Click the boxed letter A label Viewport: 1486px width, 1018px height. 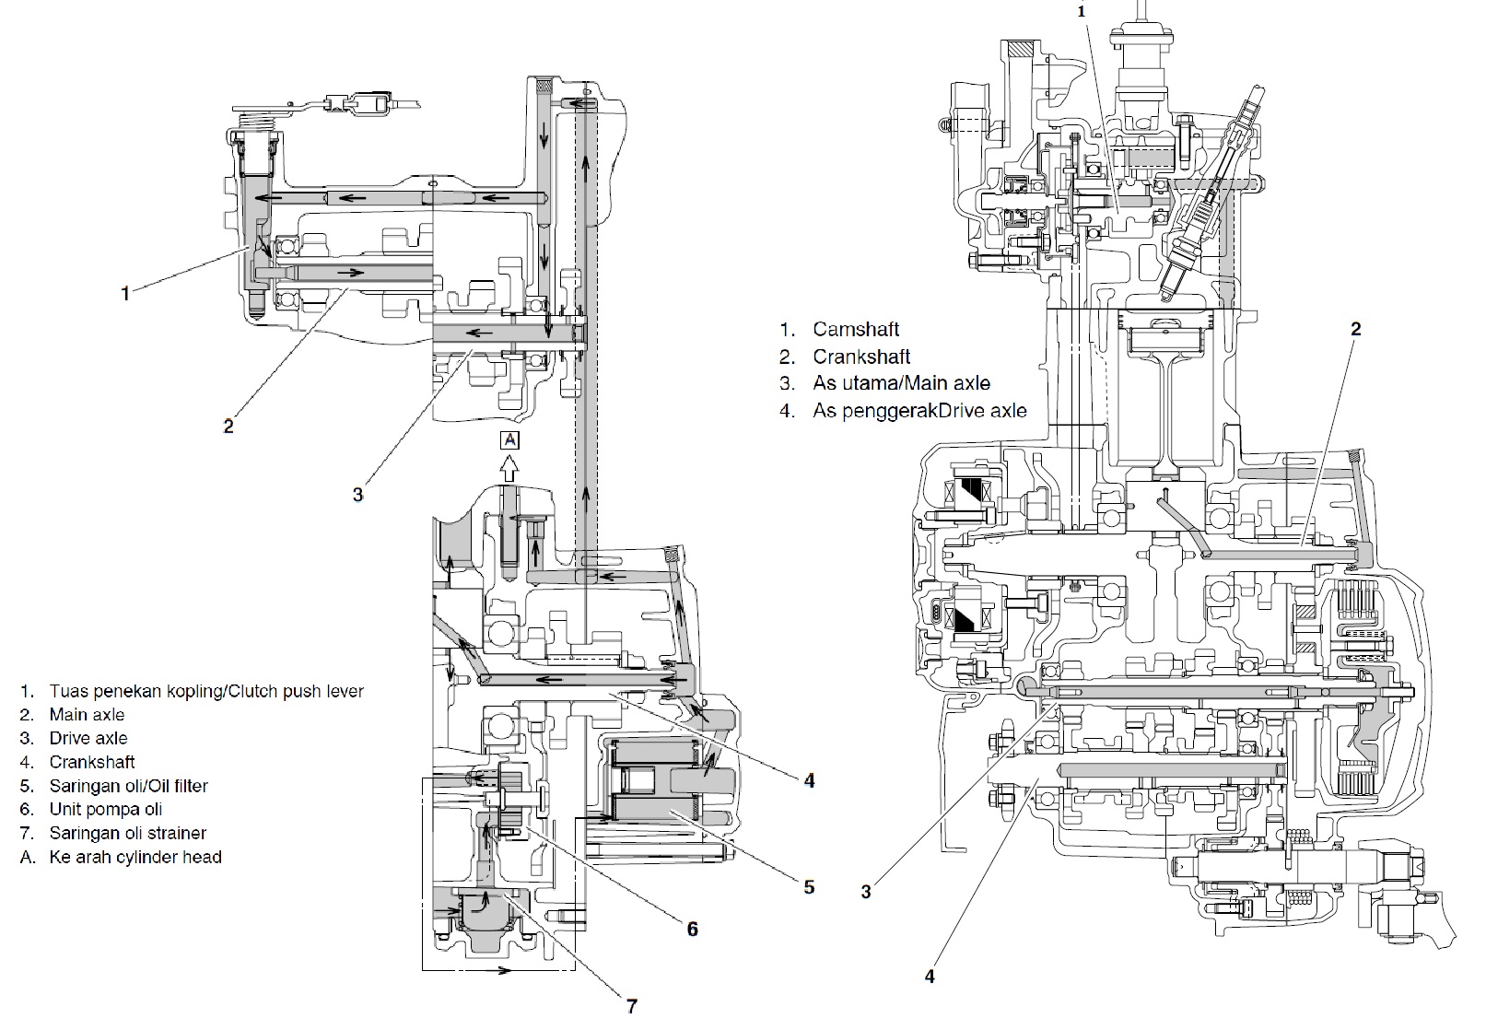509,439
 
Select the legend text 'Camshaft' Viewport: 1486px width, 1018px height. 855,329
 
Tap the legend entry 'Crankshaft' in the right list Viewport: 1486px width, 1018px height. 860,357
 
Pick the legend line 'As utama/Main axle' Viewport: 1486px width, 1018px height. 901,383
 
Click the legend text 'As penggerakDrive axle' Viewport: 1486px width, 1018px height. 919,411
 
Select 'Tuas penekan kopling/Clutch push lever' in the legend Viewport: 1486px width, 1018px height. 205,691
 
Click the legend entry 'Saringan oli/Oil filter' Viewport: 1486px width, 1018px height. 128,786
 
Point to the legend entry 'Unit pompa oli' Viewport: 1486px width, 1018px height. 105,809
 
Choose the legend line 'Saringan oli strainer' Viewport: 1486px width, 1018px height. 127,833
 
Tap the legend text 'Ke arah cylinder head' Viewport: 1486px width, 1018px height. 135,857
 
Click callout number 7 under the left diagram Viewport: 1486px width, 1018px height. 631,1006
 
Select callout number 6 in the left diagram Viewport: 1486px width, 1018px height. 692,929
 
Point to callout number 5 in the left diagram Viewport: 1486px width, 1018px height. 809,887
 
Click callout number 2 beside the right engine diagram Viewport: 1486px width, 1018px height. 1355,329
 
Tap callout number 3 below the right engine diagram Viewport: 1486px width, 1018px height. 866,891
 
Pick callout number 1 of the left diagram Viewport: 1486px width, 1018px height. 125,293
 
